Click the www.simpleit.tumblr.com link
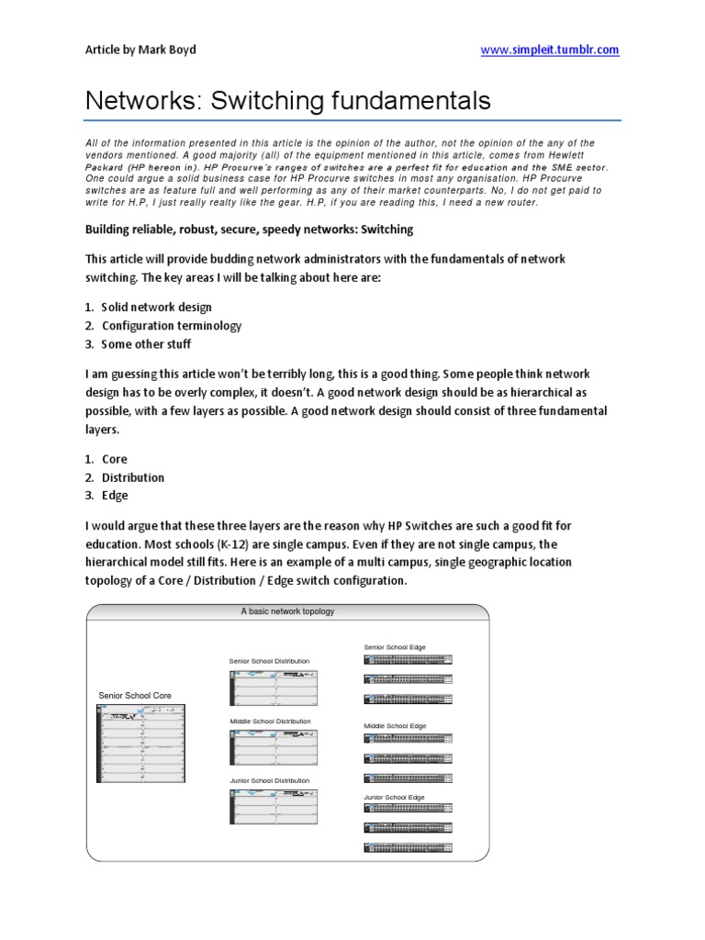[x=551, y=50]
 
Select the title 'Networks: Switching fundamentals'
[x=288, y=101]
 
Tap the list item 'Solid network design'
[x=157, y=308]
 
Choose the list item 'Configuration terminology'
[x=172, y=326]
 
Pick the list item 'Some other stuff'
[x=147, y=344]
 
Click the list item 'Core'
[x=115, y=459]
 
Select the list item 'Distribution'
[x=133, y=477]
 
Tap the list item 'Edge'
[x=115, y=496]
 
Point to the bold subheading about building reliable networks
[x=249, y=229]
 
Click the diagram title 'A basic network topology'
[x=287, y=611]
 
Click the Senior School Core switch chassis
[x=141, y=744]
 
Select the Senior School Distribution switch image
[x=274, y=688]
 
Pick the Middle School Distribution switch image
[x=274, y=747]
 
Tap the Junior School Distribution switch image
[x=274, y=806]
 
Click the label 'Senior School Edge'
[x=395, y=647]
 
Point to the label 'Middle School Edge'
[x=395, y=725]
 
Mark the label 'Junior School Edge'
[x=395, y=798]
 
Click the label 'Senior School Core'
[x=135, y=696]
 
